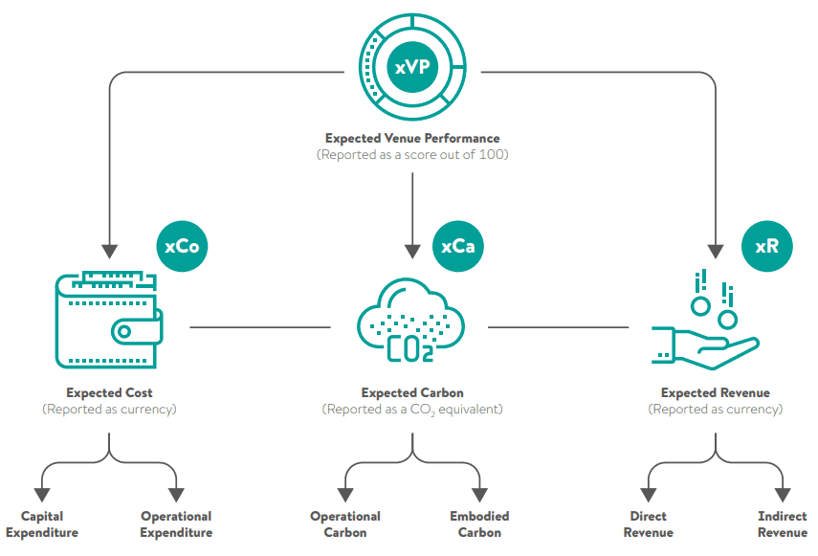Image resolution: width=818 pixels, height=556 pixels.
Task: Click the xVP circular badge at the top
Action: pyautogui.click(x=412, y=67)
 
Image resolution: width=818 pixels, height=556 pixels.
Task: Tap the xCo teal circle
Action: pyautogui.click(x=182, y=246)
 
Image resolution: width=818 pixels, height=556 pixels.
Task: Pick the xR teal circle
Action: pyautogui.click(x=767, y=246)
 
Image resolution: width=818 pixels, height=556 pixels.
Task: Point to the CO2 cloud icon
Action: pyautogui.click(x=411, y=323)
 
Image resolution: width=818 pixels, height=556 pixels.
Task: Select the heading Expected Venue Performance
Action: pyautogui.click(x=412, y=139)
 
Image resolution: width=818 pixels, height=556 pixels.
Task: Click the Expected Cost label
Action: pyautogui.click(x=109, y=392)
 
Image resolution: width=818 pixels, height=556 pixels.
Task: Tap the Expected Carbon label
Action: pyautogui.click(x=412, y=392)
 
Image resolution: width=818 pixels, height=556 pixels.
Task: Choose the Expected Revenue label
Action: pyautogui.click(x=716, y=392)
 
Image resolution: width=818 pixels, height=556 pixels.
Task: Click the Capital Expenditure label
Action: pyautogui.click(x=42, y=524)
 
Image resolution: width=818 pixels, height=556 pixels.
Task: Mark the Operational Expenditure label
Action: pyautogui.click(x=176, y=524)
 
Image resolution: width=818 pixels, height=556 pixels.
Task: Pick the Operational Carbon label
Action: pyautogui.click(x=345, y=524)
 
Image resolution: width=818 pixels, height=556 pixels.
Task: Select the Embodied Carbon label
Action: pyautogui.click(x=479, y=524)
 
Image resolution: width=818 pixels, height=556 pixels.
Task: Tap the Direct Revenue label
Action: pyautogui.click(x=649, y=524)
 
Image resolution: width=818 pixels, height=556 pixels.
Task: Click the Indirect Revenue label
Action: pyautogui.click(x=783, y=524)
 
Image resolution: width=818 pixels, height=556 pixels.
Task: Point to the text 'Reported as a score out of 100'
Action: pyautogui.click(x=412, y=154)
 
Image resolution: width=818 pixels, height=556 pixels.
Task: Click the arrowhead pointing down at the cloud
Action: pyautogui.click(x=412, y=252)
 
